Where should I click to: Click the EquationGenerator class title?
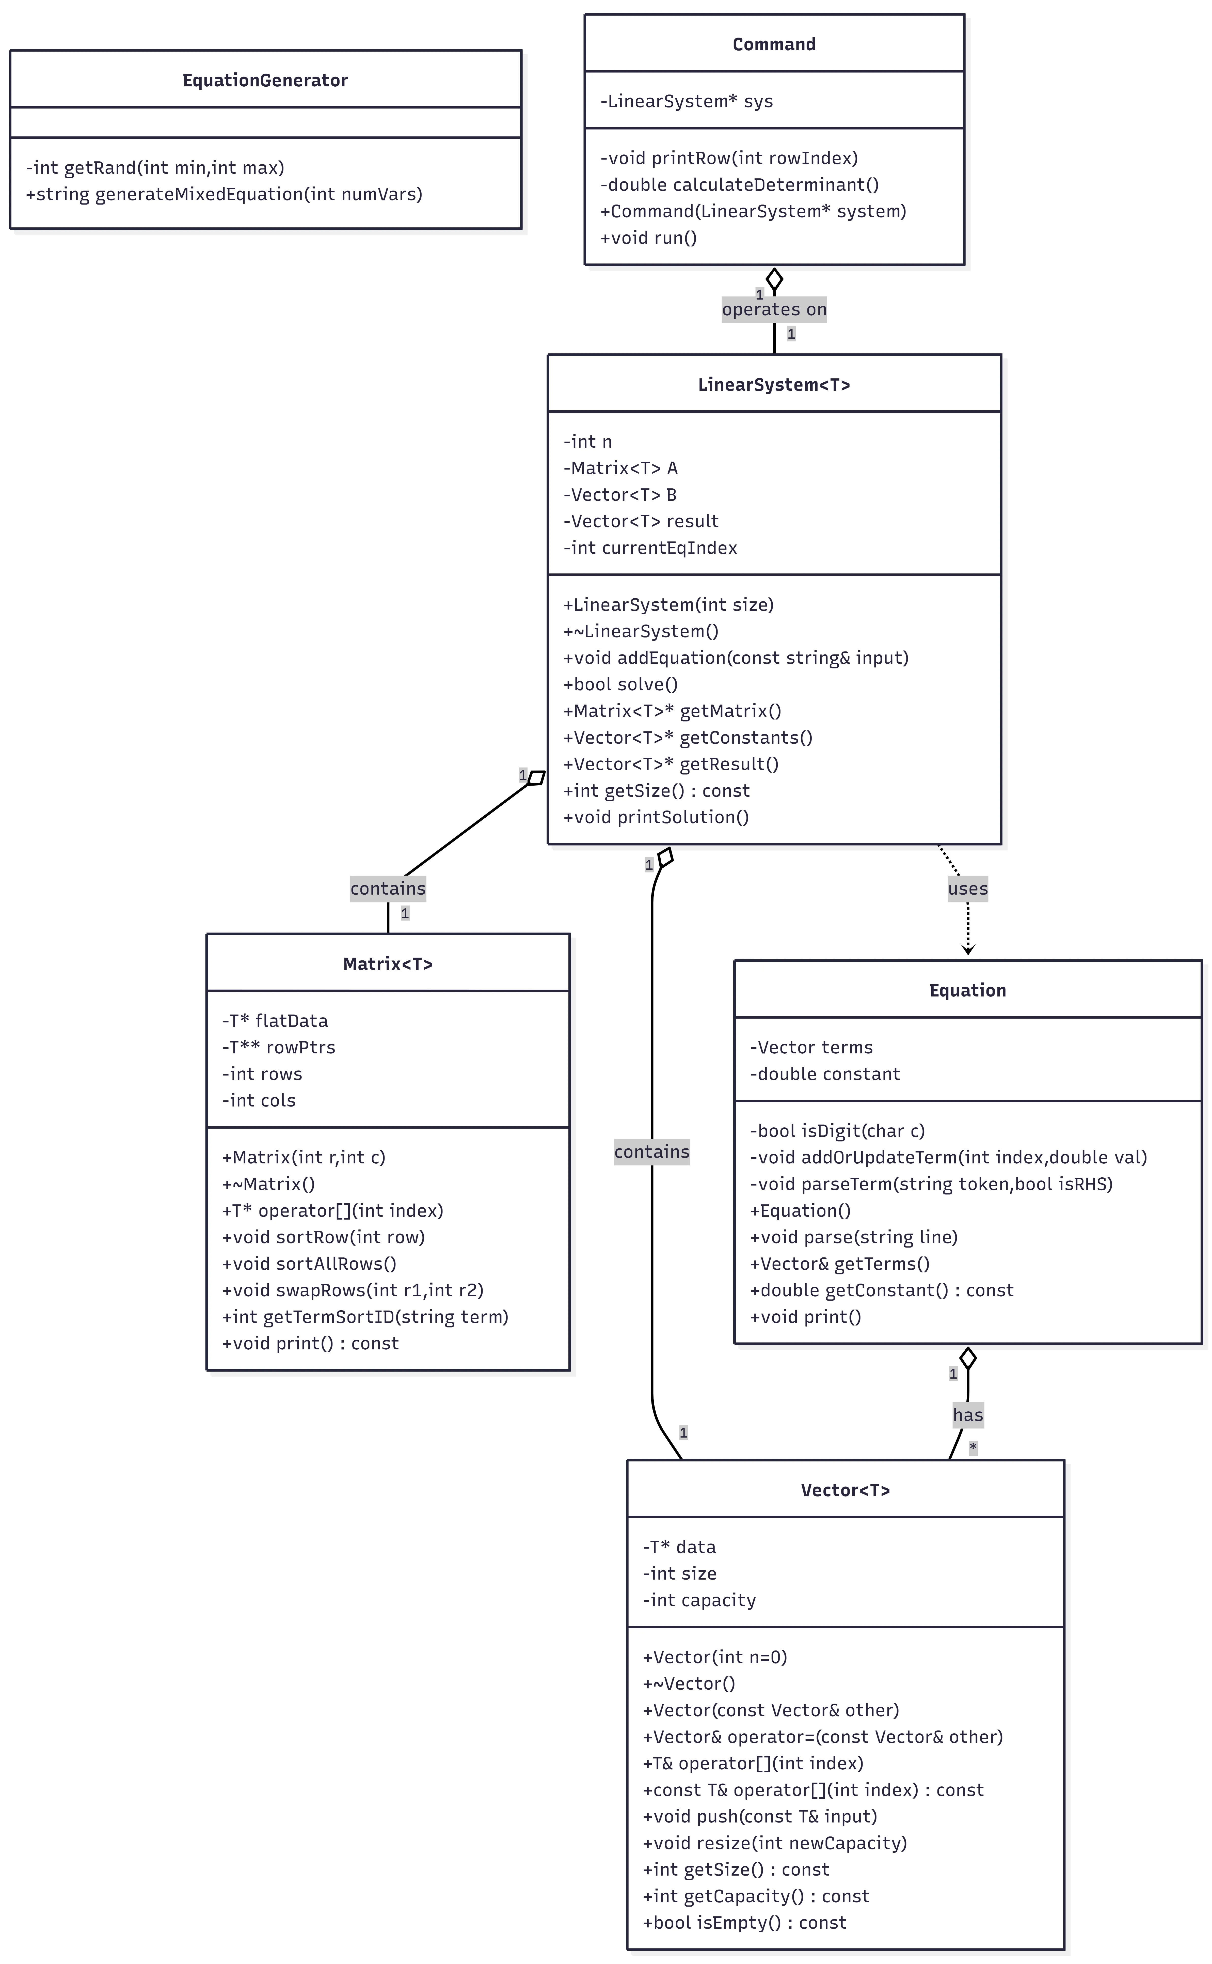[x=265, y=80]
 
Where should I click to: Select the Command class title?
[x=774, y=44]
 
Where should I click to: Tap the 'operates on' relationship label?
[x=774, y=309]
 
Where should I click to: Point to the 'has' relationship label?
[x=968, y=1415]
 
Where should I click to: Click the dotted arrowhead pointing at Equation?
[x=968, y=950]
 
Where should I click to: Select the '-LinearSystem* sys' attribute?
[x=687, y=101]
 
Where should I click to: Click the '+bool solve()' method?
[x=620, y=684]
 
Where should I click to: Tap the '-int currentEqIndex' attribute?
[x=650, y=548]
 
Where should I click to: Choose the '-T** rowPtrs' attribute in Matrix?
[x=279, y=1047]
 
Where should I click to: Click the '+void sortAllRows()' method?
[x=309, y=1263]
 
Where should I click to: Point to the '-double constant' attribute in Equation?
[x=825, y=1073]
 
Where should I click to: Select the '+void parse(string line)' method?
[x=854, y=1237]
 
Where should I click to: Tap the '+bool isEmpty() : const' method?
[x=745, y=1922]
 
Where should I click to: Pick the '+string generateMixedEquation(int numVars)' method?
[x=224, y=194]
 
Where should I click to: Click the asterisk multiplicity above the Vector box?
[x=973, y=1447]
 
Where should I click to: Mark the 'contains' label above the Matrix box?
[x=388, y=888]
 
